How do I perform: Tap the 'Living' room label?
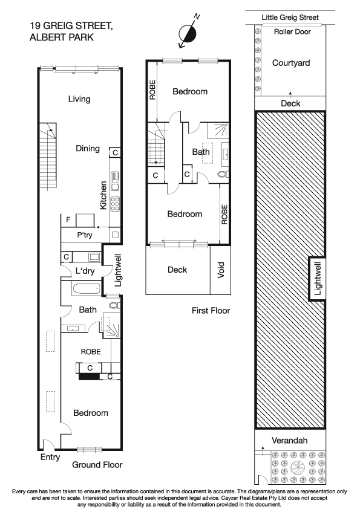point(79,99)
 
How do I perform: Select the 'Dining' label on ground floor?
point(87,148)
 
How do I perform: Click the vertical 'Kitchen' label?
point(103,195)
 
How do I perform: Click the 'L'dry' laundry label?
point(84,270)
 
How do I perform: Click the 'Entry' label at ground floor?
point(50,458)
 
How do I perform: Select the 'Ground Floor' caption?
point(97,465)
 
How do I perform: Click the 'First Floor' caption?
point(211,311)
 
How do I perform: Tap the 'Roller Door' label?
point(292,31)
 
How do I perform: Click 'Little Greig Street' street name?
point(290,18)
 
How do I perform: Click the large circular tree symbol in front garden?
point(298,467)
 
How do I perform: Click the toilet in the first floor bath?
point(221,174)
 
